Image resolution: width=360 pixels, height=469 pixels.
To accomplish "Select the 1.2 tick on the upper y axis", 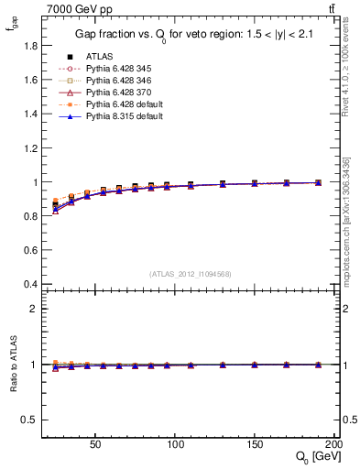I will pyautogui.click(x=27, y=147).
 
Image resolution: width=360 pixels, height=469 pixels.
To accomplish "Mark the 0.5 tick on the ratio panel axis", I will pyautogui.click(x=27, y=420).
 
